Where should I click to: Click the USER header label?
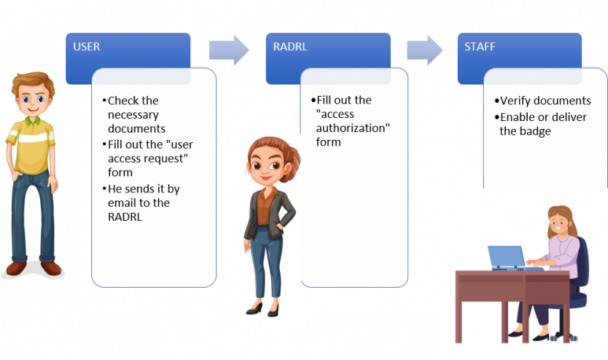click(87, 46)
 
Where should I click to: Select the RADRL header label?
click(290, 46)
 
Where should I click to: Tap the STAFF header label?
click(480, 46)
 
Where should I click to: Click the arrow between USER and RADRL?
click(229, 50)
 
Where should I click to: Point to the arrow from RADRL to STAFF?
click(425, 50)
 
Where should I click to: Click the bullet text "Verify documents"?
click(545, 101)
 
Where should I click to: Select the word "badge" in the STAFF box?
click(536, 131)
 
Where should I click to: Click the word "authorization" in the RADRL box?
click(353, 128)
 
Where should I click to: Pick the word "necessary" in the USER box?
click(134, 115)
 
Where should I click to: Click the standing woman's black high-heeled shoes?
click(263, 310)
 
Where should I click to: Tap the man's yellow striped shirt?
click(31, 144)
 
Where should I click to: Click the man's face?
click(32, 100)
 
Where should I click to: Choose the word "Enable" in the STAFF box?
click(518, 117)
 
